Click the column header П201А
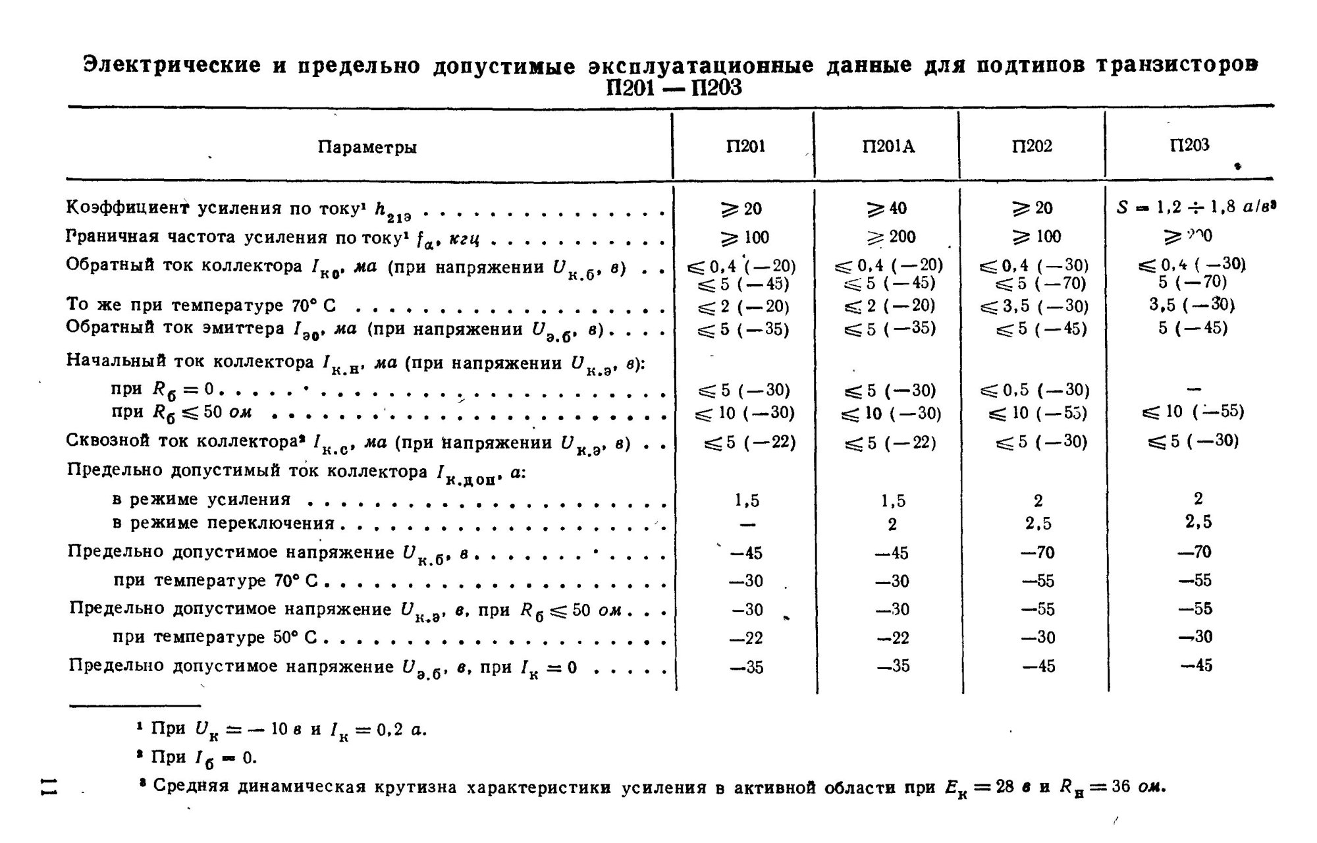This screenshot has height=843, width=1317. pos(888,147)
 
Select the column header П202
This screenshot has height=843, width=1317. pos(1032,146)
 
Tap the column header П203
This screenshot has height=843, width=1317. pos(1190,146)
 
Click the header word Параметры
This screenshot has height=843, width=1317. pos(367,147)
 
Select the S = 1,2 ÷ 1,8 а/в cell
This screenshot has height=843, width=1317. pos(1196,207)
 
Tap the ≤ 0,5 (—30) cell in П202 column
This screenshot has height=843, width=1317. pos(1035,391)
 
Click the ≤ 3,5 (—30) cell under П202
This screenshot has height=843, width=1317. pos(1035,307)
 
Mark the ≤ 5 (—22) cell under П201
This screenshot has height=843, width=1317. pos(749,443)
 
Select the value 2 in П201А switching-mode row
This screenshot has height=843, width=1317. pos(892,525)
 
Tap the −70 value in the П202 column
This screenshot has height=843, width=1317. pos(1037,553)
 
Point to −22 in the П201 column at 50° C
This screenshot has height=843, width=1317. pos(747,638)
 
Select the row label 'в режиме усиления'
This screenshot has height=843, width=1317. pos(202,500)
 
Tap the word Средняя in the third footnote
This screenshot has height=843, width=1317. pos(190,787)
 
